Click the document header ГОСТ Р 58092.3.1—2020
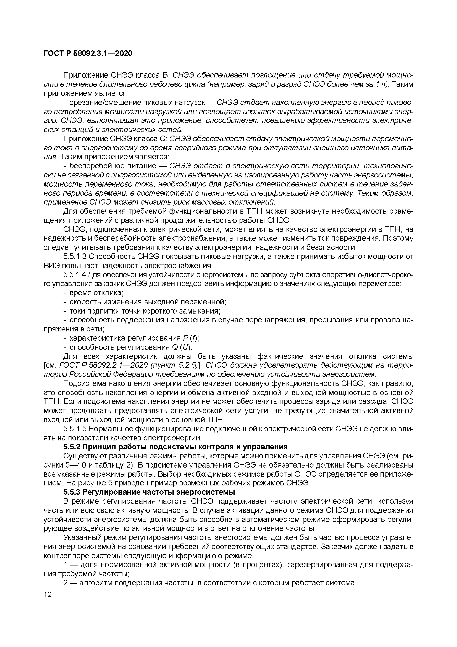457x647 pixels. coord(88,53)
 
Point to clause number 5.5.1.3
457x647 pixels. coord(75,257)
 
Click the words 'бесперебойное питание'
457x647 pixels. coord(113,166)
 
